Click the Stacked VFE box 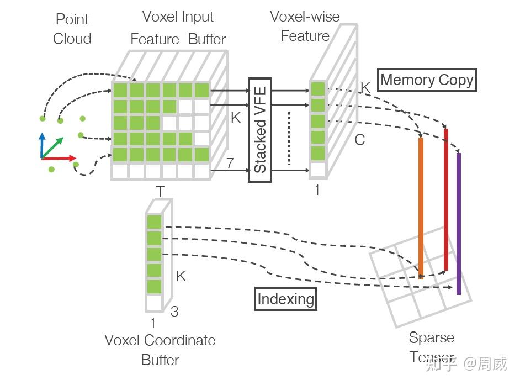(259, 130)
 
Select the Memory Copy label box (427, 80)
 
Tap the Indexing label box (285, 299)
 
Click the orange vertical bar (421, 208)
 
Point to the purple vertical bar (459, 223)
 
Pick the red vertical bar (446, 199)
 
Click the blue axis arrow (42, 145)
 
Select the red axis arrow (59, 159)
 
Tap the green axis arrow (52, 147)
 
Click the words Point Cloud (72, 29)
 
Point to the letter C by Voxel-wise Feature (360, 140)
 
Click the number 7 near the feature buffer (230, 163)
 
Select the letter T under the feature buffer (160, 192)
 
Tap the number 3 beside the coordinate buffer (174, 312)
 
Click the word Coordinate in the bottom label (180, 340)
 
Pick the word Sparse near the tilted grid (432, 338)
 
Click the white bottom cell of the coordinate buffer (154, 303)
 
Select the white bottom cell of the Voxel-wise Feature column (318, 170)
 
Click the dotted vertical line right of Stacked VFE (289, 138)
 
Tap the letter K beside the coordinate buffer (181, 276)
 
